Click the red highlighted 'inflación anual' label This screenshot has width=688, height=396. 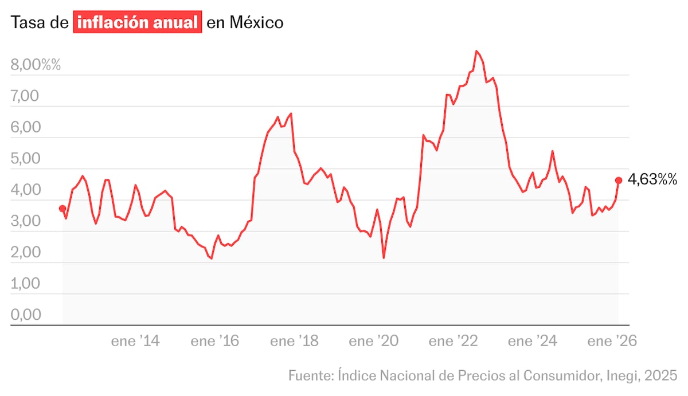pos(138,23)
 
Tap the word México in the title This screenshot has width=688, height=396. pos(256,23)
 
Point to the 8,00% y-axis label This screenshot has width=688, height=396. pos(36,65)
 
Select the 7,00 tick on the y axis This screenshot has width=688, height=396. pos(25,96)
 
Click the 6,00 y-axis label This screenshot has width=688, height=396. pos(25,127)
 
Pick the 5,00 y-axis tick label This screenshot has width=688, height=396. pos(25,159)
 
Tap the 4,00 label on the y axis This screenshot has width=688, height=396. pos(25,190)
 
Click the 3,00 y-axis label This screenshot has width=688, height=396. pos(25,221)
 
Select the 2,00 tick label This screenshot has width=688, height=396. pos(25,252)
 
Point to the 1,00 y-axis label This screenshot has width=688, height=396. pos(25,284)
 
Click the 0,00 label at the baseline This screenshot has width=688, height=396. pos(25,315)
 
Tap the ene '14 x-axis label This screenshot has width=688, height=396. pos(135,342)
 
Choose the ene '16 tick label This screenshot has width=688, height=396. pos(214,342)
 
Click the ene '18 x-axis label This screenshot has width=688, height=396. pos(294,342)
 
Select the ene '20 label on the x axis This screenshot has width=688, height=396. pos(373,342)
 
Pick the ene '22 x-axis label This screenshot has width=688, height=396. pos(453,342)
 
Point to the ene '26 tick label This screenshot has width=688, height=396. pos(612,342)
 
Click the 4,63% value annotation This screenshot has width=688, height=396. pos(652,180)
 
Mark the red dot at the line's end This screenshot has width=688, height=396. pos(619,180)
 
